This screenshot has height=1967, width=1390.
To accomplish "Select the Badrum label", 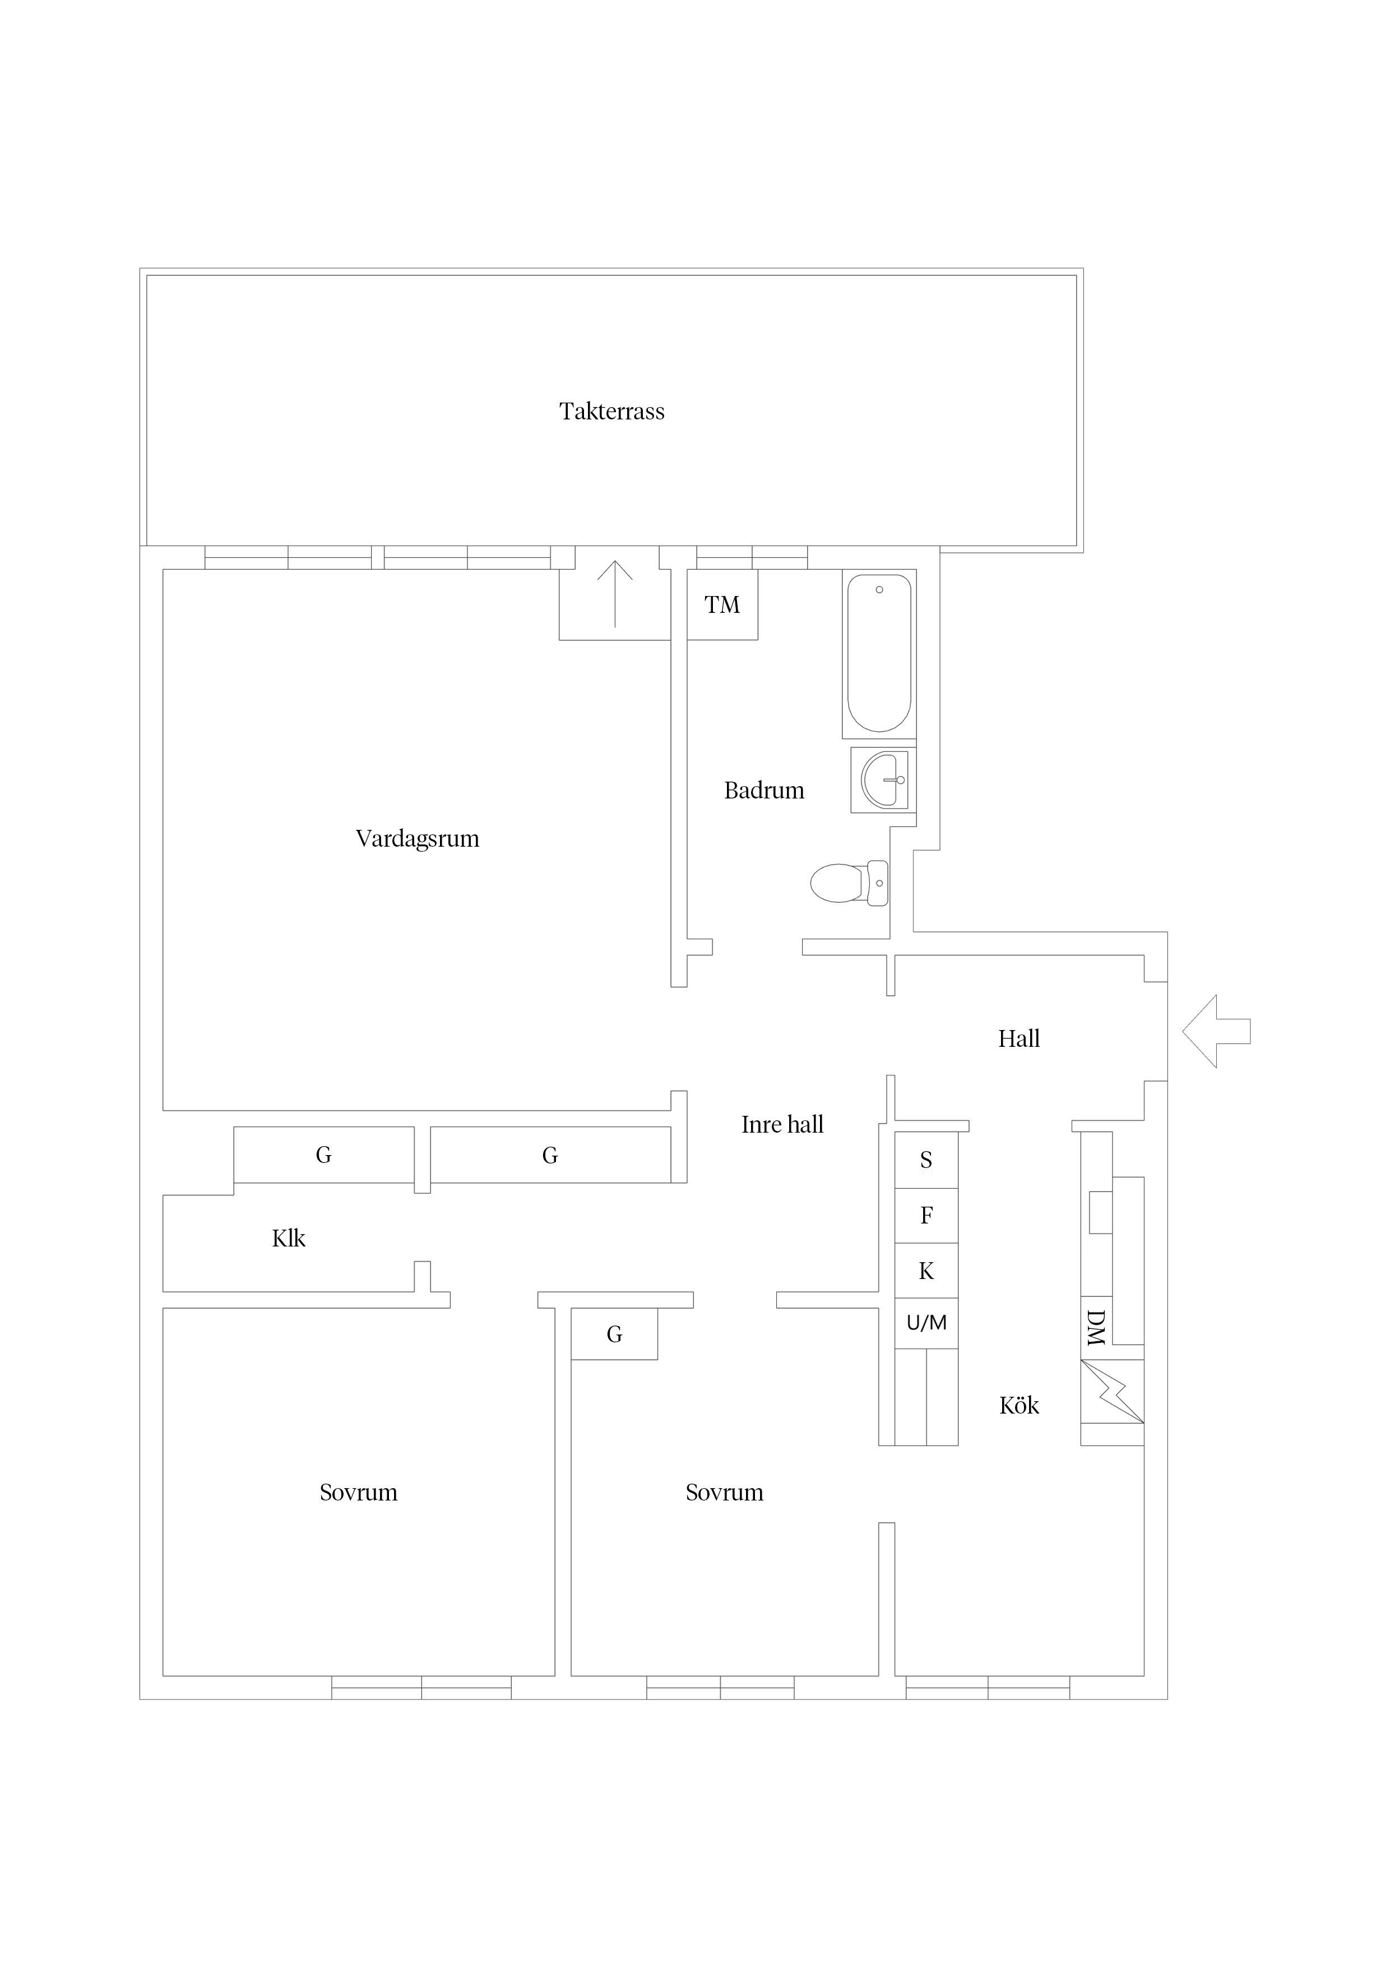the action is pos(764,790).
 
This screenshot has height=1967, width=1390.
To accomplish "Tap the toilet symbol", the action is pos(849,883).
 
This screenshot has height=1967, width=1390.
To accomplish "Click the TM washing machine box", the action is pos(722,605).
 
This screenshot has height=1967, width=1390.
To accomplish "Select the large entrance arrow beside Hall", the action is pos(1216,1032).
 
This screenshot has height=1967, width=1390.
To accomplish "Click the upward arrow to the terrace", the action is pos(615,594).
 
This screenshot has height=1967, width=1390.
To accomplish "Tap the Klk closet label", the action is pos(289,1238).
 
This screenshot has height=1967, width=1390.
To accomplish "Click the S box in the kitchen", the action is pos(926,1160).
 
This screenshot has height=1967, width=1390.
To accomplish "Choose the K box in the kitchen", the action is pos(926,1271).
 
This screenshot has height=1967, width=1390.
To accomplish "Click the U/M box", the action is pos(926,1324).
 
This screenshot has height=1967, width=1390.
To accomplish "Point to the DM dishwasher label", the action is pos(1095,1327).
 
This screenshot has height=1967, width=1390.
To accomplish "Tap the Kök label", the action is pos(1019,1406).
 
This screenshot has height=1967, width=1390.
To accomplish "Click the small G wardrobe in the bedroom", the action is pos(614,1334).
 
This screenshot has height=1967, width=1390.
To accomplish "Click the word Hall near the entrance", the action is pos(1018,1039).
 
